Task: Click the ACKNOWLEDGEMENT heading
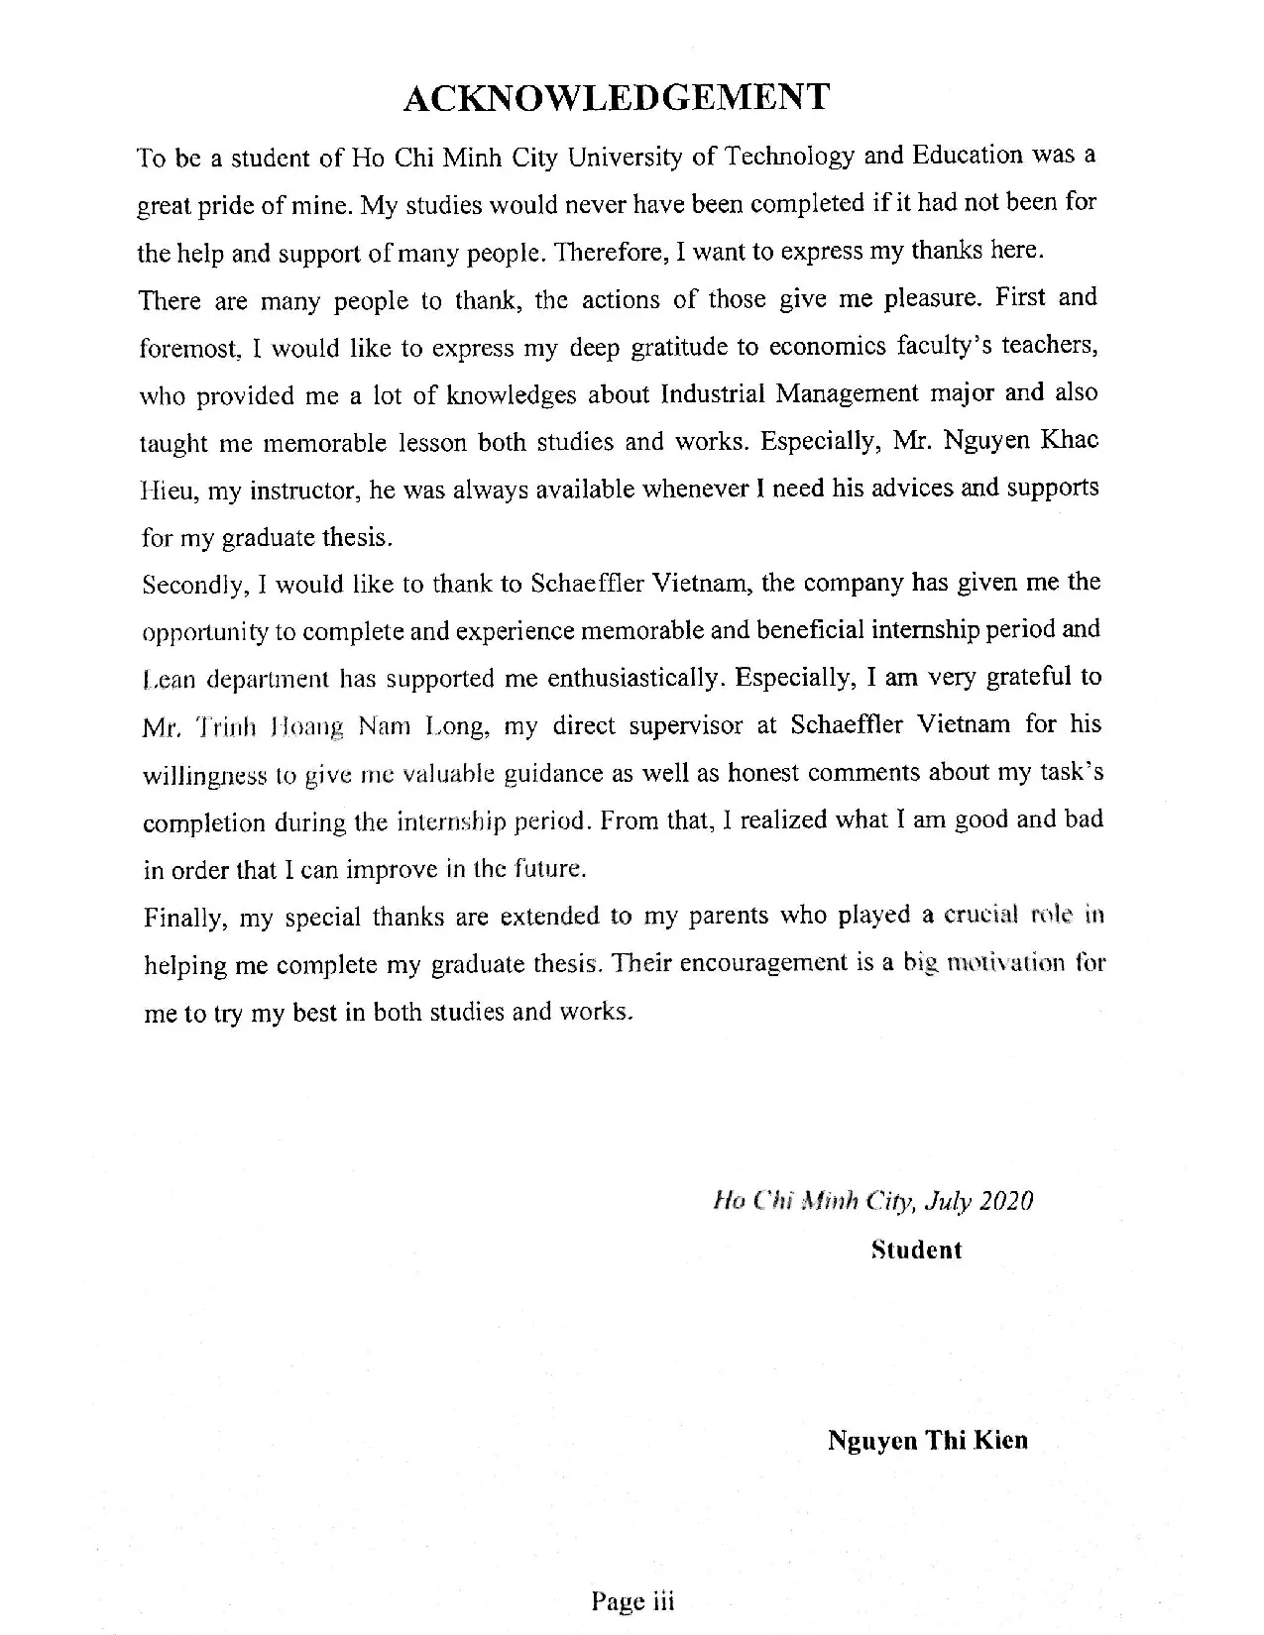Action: point(617,98)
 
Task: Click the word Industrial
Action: point(712,394)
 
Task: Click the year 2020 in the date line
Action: point(1006,1202)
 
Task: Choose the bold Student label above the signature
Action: point(916,1250)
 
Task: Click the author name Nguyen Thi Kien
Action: point(928,1440)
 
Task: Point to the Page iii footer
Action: point(632,1601)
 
